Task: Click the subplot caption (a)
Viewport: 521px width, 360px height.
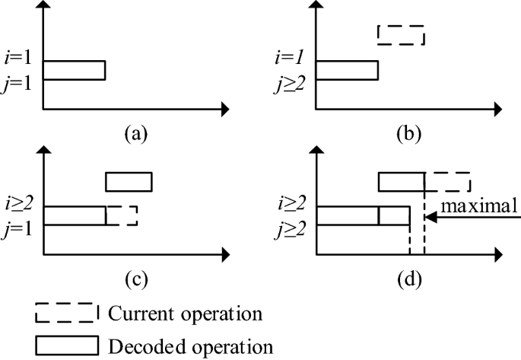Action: [135, 135]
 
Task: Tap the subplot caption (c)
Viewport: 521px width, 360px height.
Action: [135, 279]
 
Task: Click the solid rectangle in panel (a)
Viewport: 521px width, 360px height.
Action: [74, 70]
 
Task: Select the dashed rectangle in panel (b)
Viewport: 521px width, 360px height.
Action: [401, 35]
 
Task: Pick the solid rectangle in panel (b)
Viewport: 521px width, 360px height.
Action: [347, 70]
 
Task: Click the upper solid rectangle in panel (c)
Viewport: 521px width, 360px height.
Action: [129, 182]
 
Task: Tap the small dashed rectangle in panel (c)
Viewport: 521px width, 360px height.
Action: [122, 216]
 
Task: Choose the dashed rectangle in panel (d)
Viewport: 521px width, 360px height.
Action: [447, 182]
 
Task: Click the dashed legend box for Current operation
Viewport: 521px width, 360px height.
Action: [66, 313]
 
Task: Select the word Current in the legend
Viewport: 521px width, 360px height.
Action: [138, 313]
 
